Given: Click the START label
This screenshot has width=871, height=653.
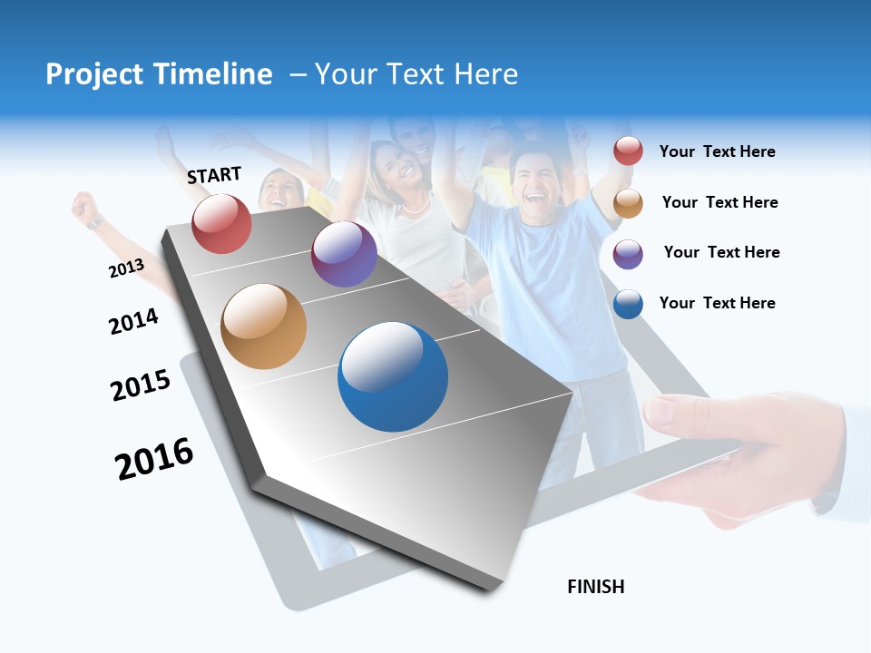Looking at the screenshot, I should coord(214,175).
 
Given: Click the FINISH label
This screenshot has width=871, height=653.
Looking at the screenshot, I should coord(595,587).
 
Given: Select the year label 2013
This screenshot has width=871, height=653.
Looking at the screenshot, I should coord(126,268).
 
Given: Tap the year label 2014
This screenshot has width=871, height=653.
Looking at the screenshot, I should coord(133,321).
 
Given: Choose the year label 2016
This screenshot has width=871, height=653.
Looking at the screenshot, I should coord(154,459).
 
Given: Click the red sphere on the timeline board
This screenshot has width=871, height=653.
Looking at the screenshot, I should coord(221,223).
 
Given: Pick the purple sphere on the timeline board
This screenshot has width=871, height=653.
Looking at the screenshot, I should coord(344,254).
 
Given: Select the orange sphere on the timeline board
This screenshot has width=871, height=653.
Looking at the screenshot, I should coord(263,326).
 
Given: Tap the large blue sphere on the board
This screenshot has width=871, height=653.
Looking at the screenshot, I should coord(393,376).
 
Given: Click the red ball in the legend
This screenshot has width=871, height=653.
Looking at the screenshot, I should coord(628,151).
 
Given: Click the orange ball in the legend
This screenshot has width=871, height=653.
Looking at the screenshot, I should coord(628,203).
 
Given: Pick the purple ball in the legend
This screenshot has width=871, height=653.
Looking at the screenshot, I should coord(628,254).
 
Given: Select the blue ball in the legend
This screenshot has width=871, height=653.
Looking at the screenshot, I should coord(628,304).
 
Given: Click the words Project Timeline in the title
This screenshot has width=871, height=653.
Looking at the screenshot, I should coord(159,74).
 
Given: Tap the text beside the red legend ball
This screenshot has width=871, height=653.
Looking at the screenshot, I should coord(717,151).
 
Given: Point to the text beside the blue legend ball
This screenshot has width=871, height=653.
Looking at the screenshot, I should coord(717,303).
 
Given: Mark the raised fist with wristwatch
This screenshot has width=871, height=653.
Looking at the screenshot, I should coord(87,209).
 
